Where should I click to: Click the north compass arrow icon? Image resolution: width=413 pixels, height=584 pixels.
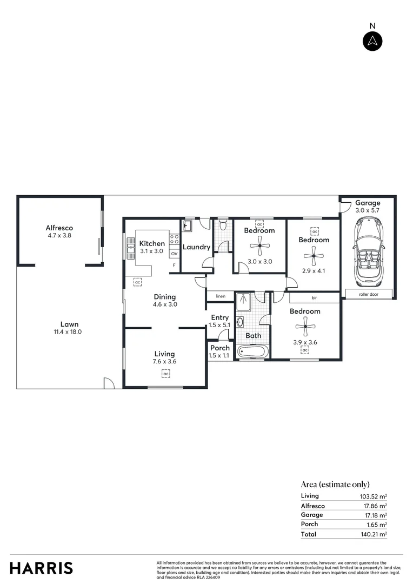(x=372, y=42)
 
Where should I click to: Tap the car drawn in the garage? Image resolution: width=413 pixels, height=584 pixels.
(x=367, y=253)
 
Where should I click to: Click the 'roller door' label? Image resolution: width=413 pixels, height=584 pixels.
(x=368, y=295)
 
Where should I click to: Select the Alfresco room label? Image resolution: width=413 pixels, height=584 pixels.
(x=59, y=228)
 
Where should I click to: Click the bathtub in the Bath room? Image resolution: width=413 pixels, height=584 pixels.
(x=252, y=352)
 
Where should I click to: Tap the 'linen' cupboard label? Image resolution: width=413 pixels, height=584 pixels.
(x=220, y=296)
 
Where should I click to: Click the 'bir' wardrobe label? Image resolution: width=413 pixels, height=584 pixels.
(x=314, y=297)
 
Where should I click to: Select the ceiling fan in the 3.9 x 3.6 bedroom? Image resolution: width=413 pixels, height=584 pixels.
(x=305, y=326)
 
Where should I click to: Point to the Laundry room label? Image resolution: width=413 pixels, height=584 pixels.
(x=196, y=247)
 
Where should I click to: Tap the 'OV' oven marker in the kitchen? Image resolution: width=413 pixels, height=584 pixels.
(x=174, y=253)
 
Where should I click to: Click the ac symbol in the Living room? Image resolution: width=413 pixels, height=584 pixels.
(x=166, y=374)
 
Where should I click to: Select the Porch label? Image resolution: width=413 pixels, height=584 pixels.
(x=220, y=348)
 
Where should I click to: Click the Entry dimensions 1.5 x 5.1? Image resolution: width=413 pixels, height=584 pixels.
(x=219, y=326)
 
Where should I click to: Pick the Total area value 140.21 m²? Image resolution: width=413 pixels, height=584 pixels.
(x=375, y=534)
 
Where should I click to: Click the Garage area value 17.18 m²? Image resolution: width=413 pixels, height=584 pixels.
(x=375, y=515)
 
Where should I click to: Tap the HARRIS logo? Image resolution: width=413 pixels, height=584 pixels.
(x=41, y=568)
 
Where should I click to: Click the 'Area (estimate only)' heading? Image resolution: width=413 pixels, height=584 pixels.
(x=335, y=485)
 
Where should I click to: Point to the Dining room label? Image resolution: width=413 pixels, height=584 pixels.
(x=165, y=296)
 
